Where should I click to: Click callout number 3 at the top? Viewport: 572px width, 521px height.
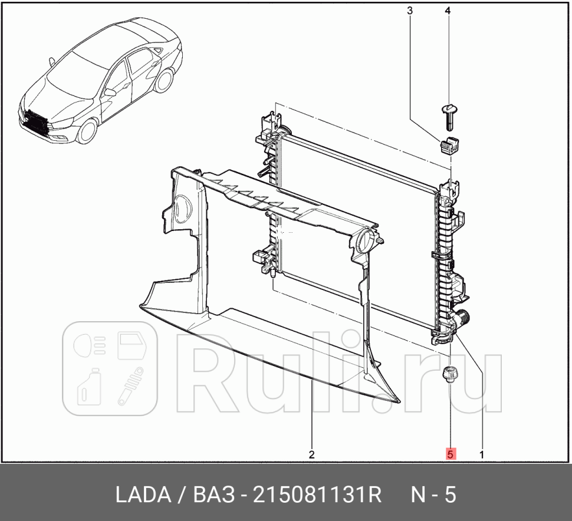(x=410, y=11)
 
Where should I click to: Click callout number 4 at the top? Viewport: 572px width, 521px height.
(x=448, y=11)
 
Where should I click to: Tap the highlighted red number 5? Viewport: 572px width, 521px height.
(x=450, y=454)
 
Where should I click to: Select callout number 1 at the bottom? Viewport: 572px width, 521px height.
(x=482, y=454)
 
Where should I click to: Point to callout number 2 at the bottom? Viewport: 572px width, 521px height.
(x=311, y=454)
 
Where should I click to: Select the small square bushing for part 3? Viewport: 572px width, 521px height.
(x=449, y=143)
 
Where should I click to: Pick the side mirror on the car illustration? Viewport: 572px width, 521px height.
(x=110, y=93)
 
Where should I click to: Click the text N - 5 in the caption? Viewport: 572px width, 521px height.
(x=433, y=495)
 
